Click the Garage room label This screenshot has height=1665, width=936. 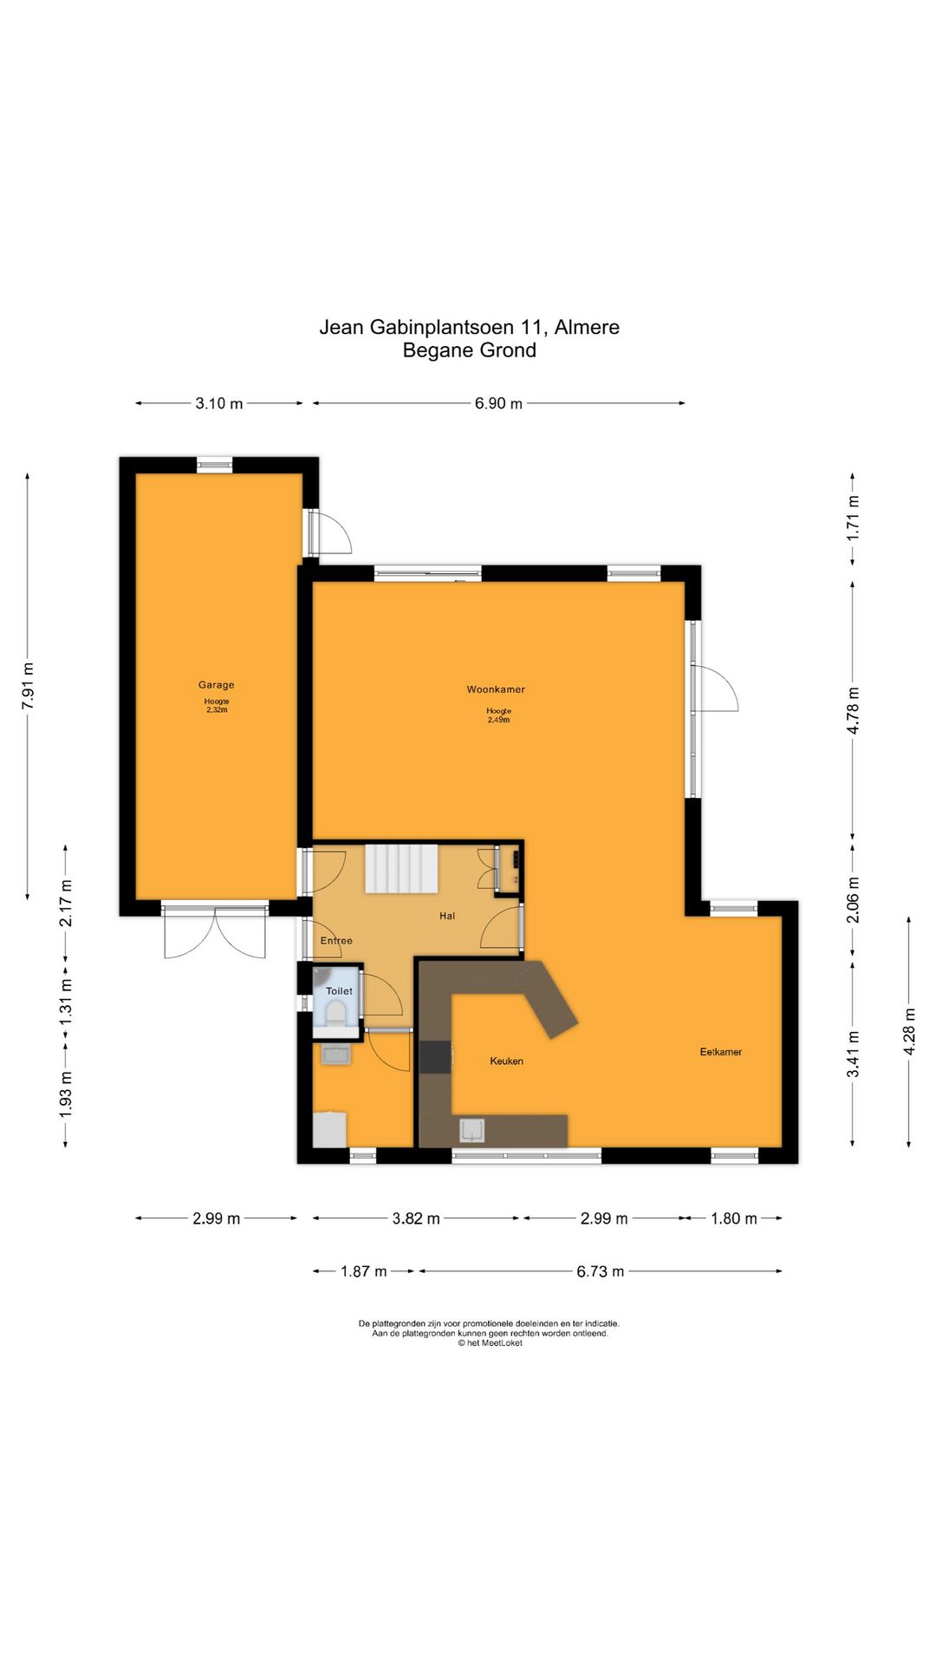click(216, 685)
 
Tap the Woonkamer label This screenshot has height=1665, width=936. click(496, 689)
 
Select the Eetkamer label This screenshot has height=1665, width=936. click(721, 1052)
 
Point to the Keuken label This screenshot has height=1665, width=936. click(506, 1061)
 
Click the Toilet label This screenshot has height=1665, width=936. click(339, 991)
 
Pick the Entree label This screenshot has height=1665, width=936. click(336, 941)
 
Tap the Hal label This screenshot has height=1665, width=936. click(447, 916)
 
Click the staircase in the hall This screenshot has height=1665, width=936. click(400, 868)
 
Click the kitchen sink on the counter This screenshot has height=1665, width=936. click(471, 1130)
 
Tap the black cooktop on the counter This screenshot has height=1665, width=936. click(436, 1057)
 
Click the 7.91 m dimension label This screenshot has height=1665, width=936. click(28, 686)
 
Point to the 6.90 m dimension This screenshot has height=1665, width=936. click(498, 403)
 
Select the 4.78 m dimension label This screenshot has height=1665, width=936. click(853, 711)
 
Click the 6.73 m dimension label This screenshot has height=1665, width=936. click(600, 1271)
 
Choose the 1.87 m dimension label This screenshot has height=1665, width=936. click(363, 1271)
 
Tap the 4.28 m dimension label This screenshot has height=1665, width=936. click(909, 1031)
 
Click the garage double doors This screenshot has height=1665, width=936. click(215, 932)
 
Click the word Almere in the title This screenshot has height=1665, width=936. click(587, 327)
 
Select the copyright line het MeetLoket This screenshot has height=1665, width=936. click(491, 1343)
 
